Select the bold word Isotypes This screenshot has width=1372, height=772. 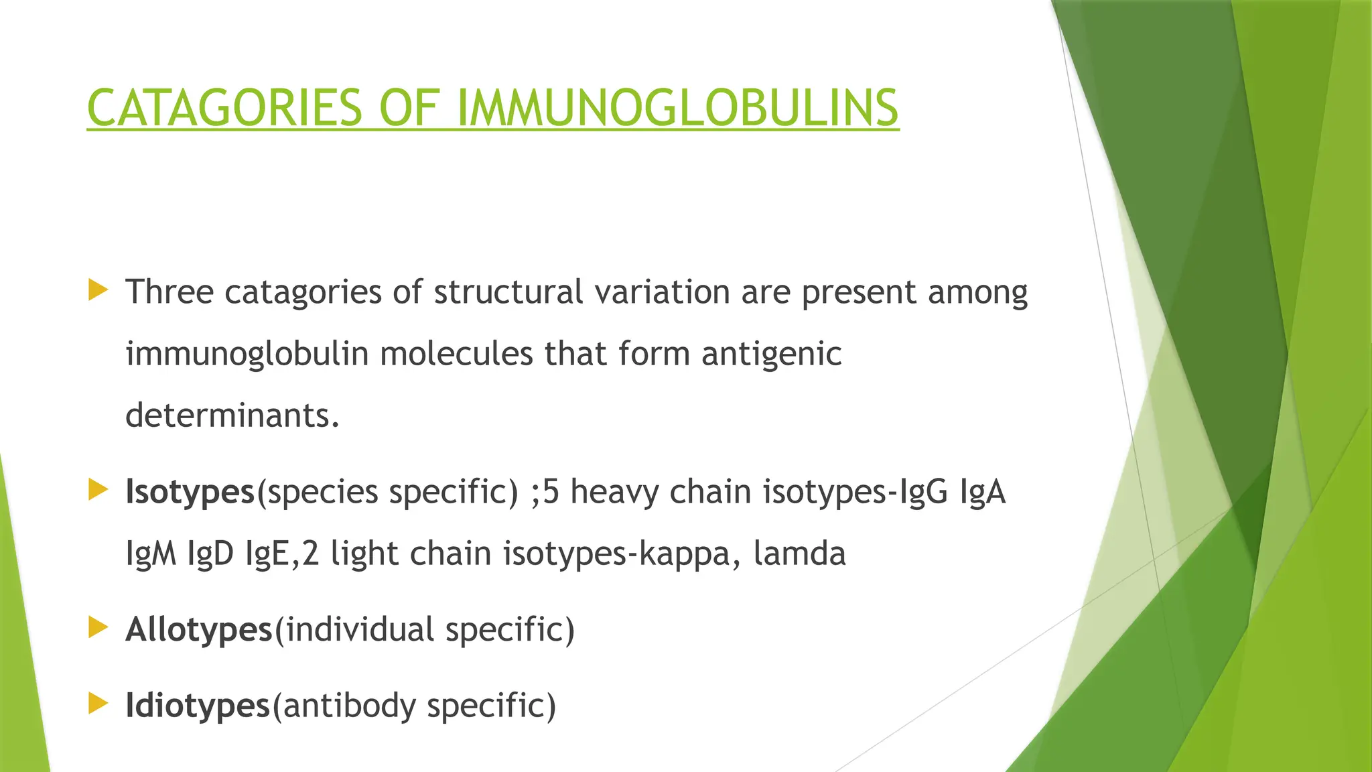[190, 493]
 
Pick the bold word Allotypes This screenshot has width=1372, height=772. [199, 630]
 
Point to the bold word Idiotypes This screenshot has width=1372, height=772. [198, 706]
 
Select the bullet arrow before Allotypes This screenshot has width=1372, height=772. [98, 628]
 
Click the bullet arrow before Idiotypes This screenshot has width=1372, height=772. [98, 704]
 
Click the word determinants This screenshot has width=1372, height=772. [232, 415]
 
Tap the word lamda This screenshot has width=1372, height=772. [799, 554]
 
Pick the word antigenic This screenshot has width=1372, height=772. [771, 355]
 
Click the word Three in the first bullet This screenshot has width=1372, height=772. [169, 292]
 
